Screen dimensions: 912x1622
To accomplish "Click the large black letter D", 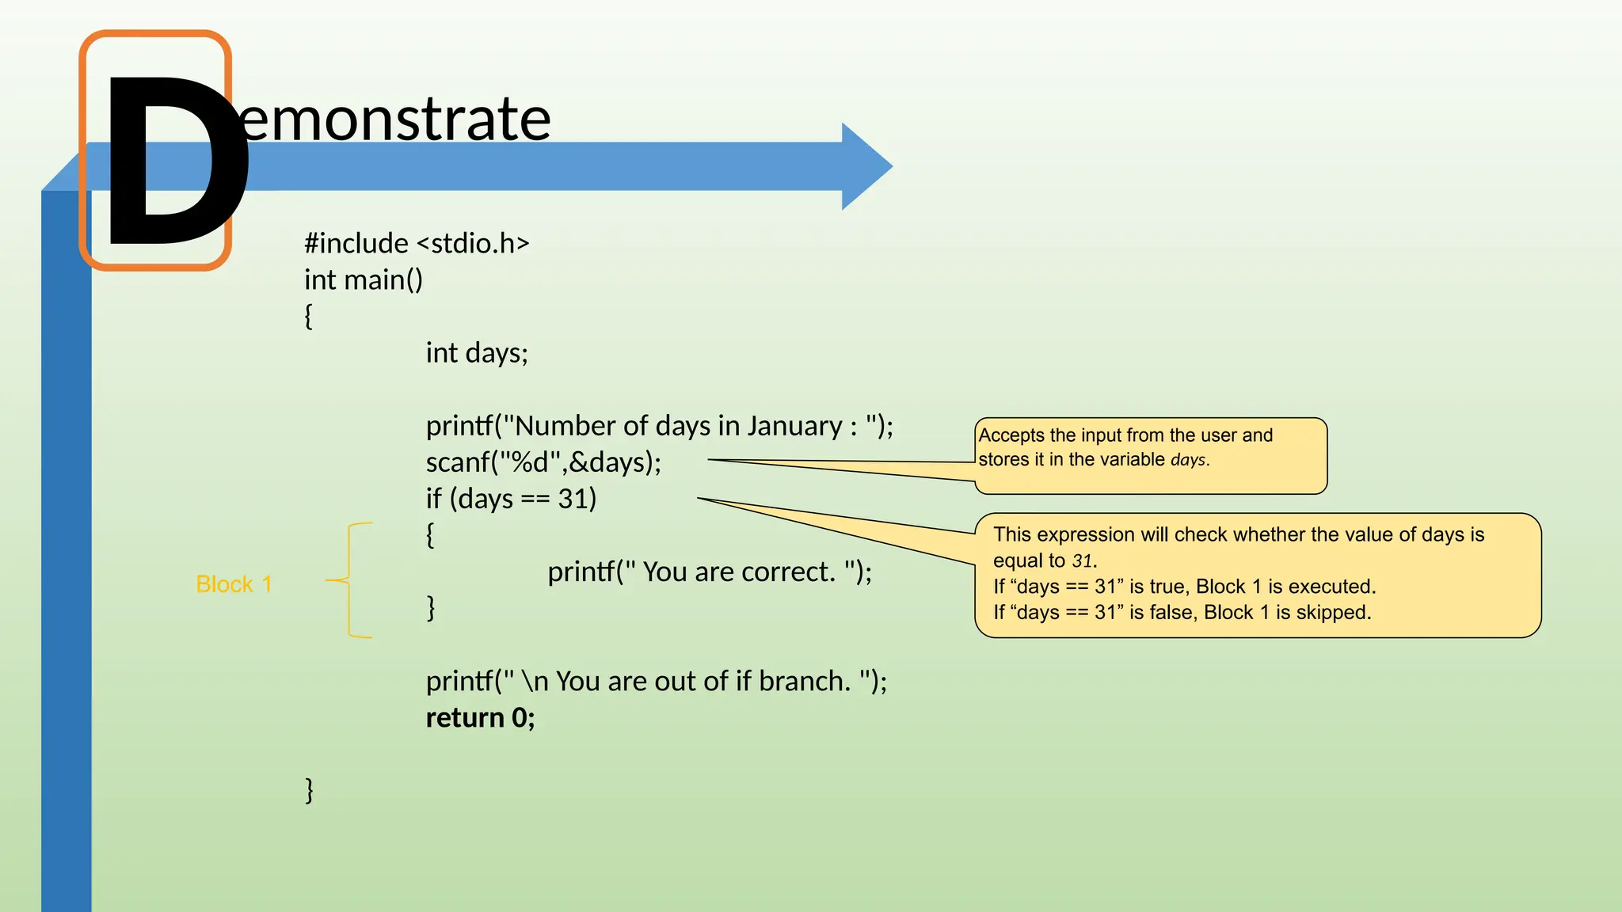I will point(170,162).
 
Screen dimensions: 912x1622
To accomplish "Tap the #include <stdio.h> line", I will point(417,243).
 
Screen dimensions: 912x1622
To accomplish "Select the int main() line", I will point(364,279).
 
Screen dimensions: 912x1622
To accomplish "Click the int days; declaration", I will point(477,352).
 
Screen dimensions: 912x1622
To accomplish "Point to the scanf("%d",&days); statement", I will point(543,462).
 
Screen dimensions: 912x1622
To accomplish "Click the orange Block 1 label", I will point(234,584).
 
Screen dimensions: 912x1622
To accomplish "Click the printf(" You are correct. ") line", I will point(710,572).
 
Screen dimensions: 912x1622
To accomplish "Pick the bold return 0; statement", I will point(480,717).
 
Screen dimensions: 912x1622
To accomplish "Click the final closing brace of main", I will point(310,790).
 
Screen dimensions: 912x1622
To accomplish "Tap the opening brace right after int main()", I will point(309,317).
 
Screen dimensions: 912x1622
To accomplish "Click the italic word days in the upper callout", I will point(1188,460).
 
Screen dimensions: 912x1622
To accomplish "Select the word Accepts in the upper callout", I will point(1011,435).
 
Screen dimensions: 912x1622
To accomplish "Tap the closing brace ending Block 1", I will point(431,608).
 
